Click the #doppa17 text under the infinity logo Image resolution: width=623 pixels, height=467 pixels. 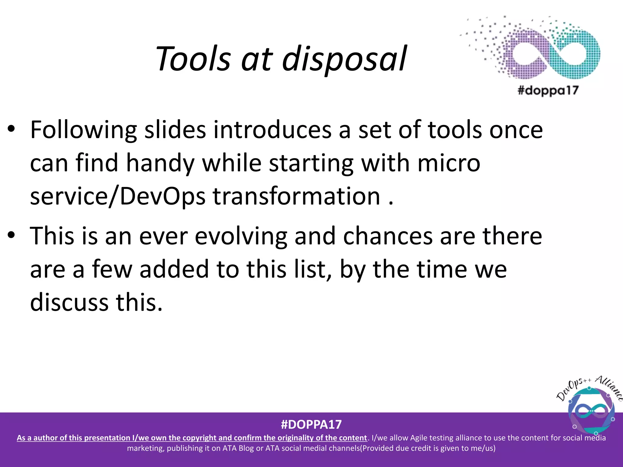tap(548, 91)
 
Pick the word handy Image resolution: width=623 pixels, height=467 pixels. tap(160, 163)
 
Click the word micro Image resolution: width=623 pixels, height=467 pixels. tap(449, 163)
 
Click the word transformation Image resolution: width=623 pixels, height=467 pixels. tap(297, 196)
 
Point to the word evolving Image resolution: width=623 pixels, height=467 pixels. tap(241, 236)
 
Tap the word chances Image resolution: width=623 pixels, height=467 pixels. tap(388, 236)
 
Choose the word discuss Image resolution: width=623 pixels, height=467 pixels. tap(69, 303)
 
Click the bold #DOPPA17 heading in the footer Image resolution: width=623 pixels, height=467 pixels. tap(311, 424)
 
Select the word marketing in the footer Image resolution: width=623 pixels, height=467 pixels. tap(145, 448)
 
